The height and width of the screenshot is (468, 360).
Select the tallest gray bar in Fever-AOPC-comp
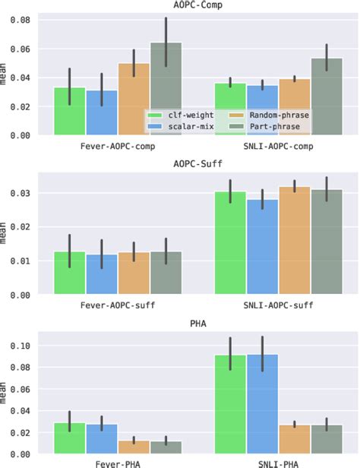coord(166,90)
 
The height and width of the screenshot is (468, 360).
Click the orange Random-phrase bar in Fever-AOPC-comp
coord(134,99)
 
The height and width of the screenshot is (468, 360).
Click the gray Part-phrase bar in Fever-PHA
coord(166,447)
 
